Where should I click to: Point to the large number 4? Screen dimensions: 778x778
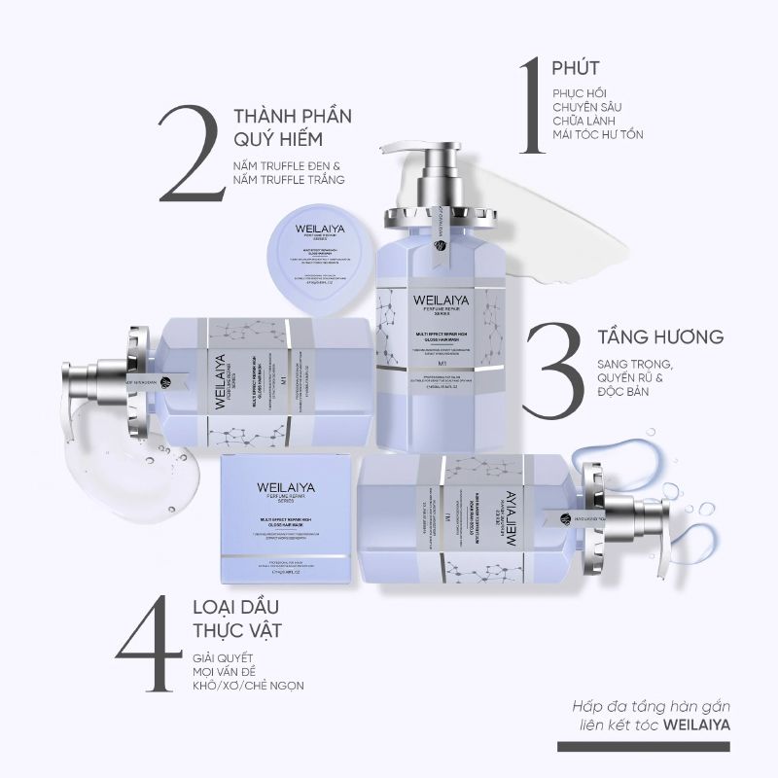150,636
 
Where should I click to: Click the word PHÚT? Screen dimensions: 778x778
575,68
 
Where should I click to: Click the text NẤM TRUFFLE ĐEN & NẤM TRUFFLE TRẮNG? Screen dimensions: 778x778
289,172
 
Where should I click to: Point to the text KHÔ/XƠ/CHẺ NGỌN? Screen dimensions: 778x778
247,685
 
